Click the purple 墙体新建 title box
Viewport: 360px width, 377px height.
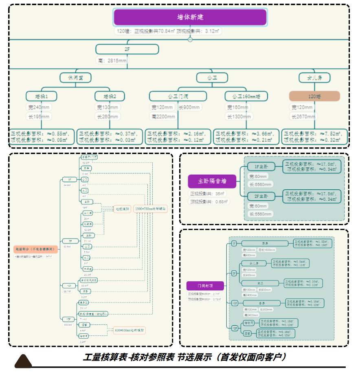tap(190, 17)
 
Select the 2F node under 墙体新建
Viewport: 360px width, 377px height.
tap(127, 49)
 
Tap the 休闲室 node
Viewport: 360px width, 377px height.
tap(75, 77)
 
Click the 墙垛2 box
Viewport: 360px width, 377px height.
tap(110, 96)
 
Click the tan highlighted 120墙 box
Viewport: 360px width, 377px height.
tap(314, 96)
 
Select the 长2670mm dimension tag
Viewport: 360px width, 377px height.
tap(303, 117)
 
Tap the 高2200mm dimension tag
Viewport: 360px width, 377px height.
tap(162, 117)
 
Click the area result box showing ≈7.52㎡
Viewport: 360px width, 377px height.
tap(314, 137)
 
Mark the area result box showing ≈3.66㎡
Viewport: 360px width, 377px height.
tap(246, 137)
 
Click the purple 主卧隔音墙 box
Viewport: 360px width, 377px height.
tap(212, 182)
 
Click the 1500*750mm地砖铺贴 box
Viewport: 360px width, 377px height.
tap(151, 208)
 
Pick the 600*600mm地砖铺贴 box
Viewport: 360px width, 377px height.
tap(130, 330)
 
